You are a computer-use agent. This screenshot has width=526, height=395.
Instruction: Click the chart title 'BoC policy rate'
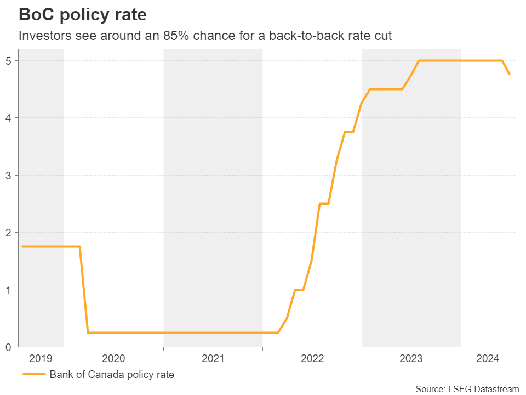pyautogui.click(x=83, y=14)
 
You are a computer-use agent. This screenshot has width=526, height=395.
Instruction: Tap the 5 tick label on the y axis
pyautogui.click(x=8, y=60)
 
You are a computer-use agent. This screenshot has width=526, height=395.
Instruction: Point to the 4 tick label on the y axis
pyautogui.click(x=8, y=118)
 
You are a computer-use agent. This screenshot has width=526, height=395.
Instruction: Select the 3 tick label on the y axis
pyautogui.click(x=8, y=176)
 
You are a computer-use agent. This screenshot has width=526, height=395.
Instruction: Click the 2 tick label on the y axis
pyautogui.click(x=8, y=233)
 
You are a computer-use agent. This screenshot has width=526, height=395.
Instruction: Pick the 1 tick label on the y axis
pyautogui.click(x=8, y=290)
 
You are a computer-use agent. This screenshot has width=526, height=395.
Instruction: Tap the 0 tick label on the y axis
pyautogui.click(x=8, y=347)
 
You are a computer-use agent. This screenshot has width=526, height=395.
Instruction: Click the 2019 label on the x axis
pyautogui.click(x=41, y=359)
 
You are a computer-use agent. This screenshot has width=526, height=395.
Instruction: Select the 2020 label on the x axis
pyautogui.click(x=113, y=359)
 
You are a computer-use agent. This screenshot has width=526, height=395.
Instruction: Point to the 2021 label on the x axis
pyautogui.click(x=213, y=359)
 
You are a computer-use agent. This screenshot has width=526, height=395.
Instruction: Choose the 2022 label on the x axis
pyautogui.click(x=312, y=359)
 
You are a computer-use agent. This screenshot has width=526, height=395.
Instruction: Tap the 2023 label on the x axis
pyautogui.click(x=411, y=359)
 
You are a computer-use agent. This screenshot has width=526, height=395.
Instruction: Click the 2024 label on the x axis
pyautogui.click(x=488, y=359)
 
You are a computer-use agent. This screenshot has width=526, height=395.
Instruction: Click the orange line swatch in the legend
pyautogui.click(x=33, y=375)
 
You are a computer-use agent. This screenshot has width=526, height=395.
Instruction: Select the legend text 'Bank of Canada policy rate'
pyautogui.click(x=112, y=375)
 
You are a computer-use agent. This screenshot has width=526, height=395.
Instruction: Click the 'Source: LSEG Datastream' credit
pyautogui.click(x=467, y=389)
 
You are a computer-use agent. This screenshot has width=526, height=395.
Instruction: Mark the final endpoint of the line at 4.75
pyautogui.click(x=510, y=75)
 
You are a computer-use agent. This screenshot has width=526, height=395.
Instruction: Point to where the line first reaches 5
pyautogui.click(x=419, y=60)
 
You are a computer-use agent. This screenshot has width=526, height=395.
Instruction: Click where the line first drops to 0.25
pyautogui.click(x=88, y=332)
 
